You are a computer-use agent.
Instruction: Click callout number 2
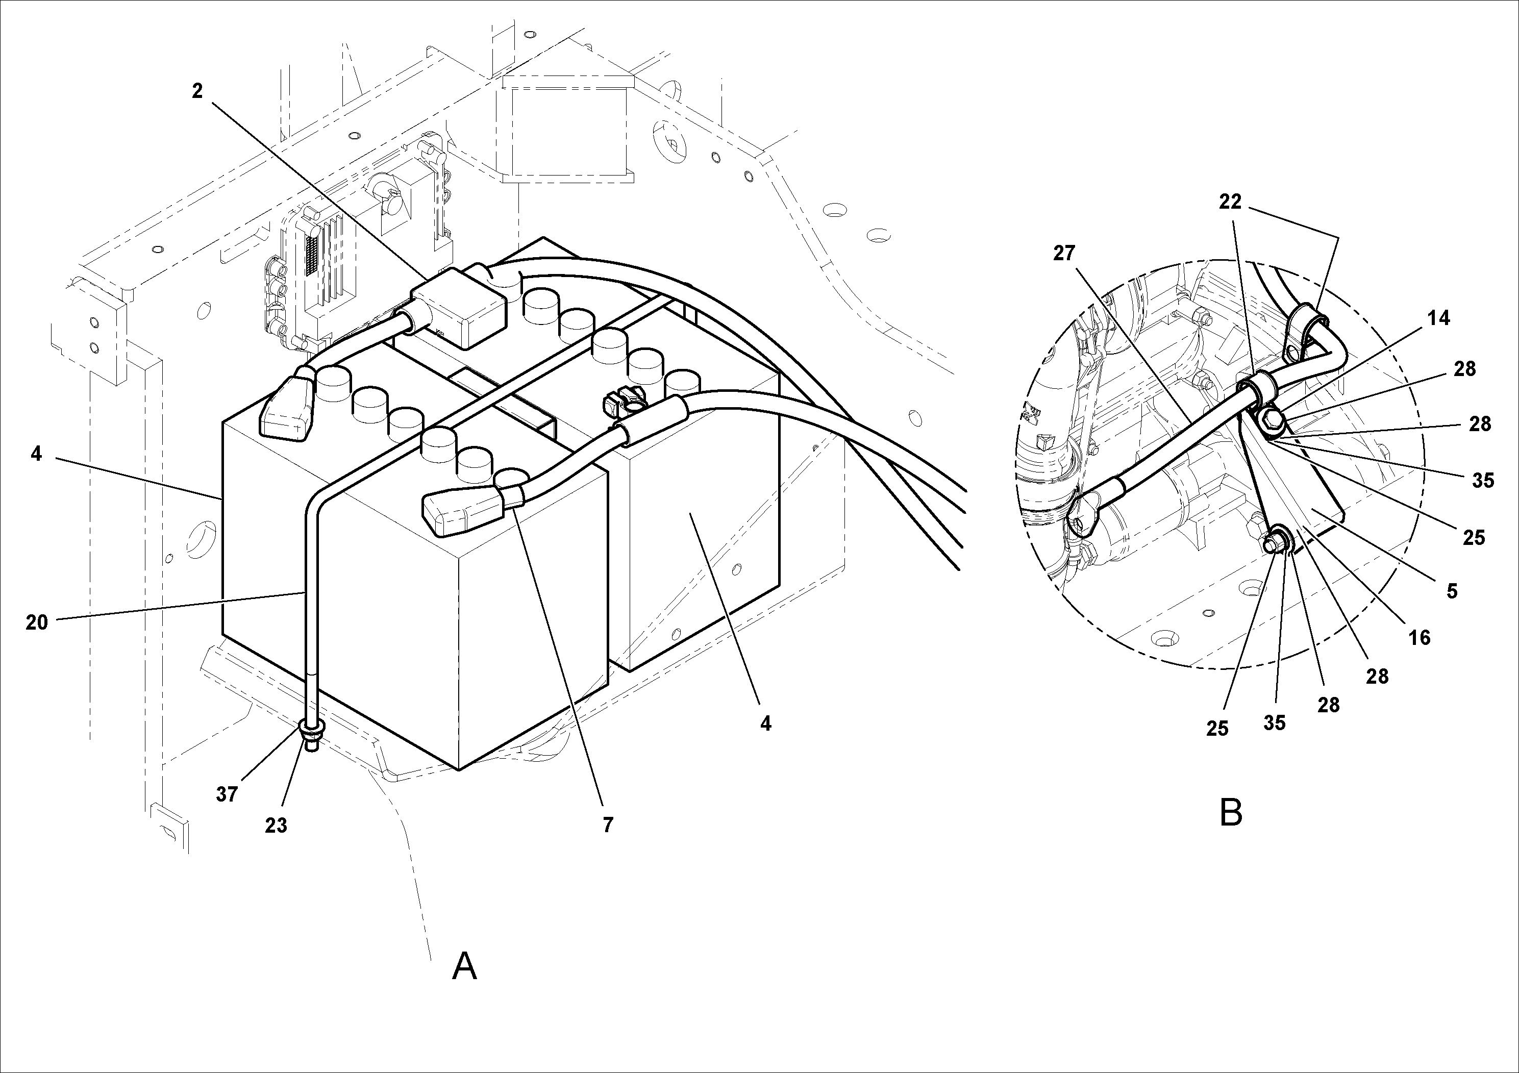tap(196, 91)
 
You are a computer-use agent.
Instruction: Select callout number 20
tap(37, 622)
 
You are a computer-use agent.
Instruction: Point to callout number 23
tap(276, 826)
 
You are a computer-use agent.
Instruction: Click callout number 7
tap(607, 825)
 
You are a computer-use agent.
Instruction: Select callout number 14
tap(1438, 318)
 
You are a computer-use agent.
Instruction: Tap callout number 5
tap(1452, 591)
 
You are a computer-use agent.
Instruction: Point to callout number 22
tap(1231, 202)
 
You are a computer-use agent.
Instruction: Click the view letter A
tap(464, 967)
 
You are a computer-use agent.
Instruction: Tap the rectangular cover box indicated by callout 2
tap(458, 308)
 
